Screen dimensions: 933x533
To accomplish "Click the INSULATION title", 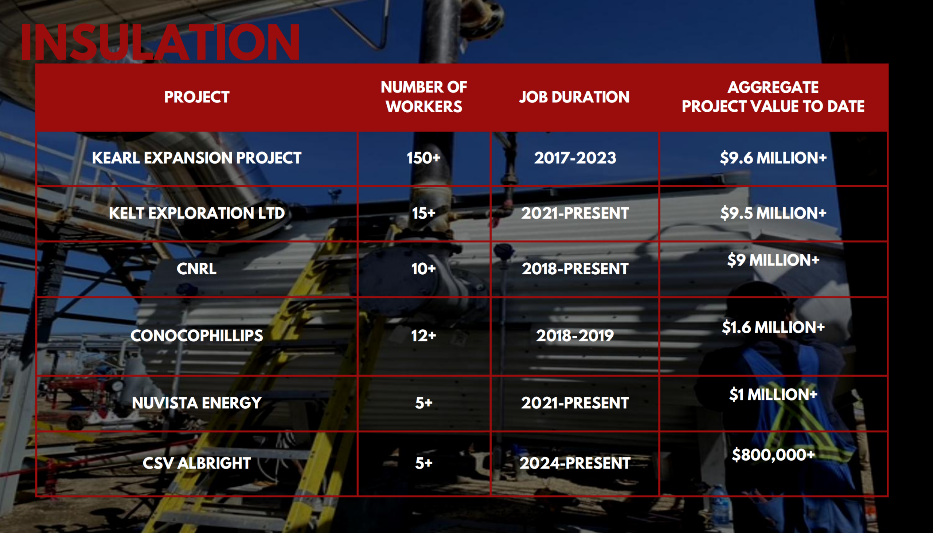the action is pos(160,42).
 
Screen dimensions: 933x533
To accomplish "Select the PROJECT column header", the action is pos(197,97).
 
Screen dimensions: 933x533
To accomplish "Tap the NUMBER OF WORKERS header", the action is pos(423,97).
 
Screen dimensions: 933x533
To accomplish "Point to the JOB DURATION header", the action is pos(574,97).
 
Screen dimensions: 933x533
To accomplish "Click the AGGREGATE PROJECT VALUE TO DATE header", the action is pos(773,97).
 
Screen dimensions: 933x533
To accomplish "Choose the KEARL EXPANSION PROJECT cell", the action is pos(197,158).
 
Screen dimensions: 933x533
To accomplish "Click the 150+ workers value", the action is pos(423,158).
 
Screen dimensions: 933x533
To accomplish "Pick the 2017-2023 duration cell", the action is pos(575,158).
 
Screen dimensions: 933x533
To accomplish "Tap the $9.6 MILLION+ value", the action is pos(773,158).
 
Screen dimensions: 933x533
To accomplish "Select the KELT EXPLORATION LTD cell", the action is pos(197,213).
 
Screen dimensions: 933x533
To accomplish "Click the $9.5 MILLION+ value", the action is pos(773,213).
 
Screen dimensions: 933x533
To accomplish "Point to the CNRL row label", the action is pos(197,269).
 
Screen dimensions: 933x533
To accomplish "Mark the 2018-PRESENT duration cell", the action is pos(575,269).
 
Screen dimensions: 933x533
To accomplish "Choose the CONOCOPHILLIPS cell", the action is pos(197,336).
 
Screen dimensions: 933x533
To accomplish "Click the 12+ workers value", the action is pos(423,336).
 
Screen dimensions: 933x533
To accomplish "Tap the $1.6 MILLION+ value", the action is pos(773,327).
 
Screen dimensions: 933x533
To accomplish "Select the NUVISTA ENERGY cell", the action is pos(197,403).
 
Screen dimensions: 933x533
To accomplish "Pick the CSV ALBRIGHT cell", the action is pos(197,463).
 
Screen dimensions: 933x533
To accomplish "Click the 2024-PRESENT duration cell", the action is pos(575,463).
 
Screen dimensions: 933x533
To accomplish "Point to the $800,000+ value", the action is pos(773,455).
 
